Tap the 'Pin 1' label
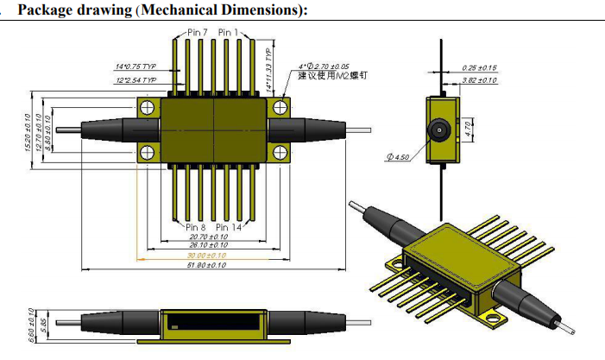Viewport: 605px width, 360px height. point(230,32)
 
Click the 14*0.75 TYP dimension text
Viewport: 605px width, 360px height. point(135,66)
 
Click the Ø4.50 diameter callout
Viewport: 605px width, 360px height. point(398,156)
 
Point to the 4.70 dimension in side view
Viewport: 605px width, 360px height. point(467,130)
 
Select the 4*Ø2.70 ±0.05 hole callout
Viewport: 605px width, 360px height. point(324,66)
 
